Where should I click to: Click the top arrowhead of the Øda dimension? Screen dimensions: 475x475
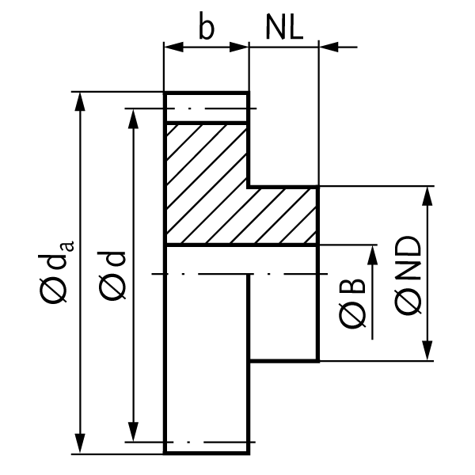click(80, 100)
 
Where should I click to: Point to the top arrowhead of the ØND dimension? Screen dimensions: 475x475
click(428, 195)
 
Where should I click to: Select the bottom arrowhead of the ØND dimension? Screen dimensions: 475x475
click(428, 354)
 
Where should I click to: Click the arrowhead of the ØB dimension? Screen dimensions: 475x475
click(370, 253)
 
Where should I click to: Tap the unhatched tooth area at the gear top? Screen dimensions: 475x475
click(206, 108)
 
